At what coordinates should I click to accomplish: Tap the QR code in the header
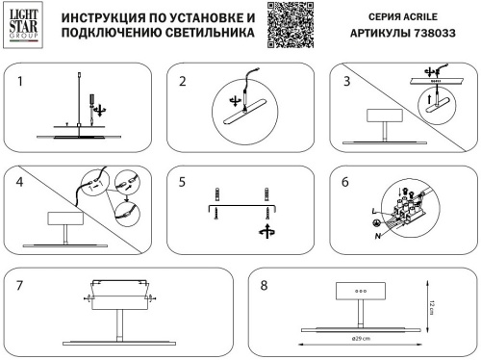[291, 24]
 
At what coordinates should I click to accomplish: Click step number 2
[182, 82]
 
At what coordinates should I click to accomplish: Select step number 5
[182, 181]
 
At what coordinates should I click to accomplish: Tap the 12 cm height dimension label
[434, 306]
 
